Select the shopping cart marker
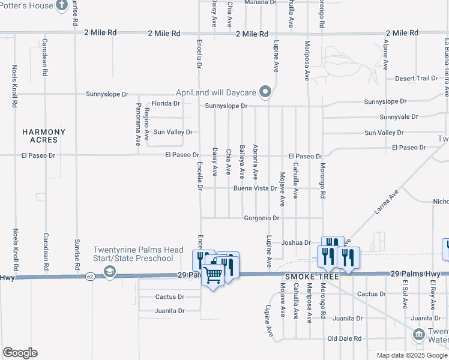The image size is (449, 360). pos(213,275)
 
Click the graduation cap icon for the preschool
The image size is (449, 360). pos(109,272)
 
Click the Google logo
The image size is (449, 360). pos(20,353)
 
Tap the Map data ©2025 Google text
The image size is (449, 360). pos(411,355)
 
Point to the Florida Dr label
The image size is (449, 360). pos(165,103)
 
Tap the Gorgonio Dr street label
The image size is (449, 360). pos(262,218)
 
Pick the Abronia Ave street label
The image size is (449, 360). pos(255,162)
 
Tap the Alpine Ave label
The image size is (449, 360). pos(385,53)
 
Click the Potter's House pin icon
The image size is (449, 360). pos(61,5)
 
